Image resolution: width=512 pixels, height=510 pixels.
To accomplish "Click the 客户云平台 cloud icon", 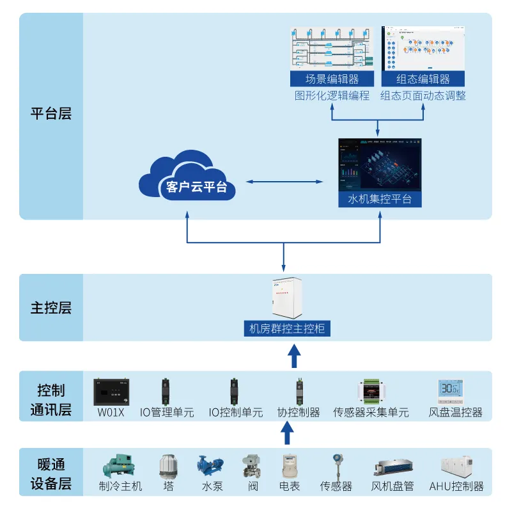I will (187, 179).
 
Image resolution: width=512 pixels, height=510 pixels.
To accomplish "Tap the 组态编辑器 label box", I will (423, 79).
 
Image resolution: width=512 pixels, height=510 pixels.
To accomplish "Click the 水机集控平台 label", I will (380, 200).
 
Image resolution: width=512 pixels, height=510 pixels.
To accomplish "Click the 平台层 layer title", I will (51, 115).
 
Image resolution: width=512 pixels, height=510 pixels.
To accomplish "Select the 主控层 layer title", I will (51, 308).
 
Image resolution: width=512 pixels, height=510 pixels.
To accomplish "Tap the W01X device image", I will (111, 392).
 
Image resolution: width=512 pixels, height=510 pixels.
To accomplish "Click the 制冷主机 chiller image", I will (120, 466).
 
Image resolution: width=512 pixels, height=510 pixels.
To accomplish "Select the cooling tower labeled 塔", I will (168, 466).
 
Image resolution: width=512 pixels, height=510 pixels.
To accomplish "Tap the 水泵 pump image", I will (209, 466).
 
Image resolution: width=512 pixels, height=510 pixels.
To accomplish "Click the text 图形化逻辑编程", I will (332, 96).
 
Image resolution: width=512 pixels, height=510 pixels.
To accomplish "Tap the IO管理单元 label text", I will (167, 413).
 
